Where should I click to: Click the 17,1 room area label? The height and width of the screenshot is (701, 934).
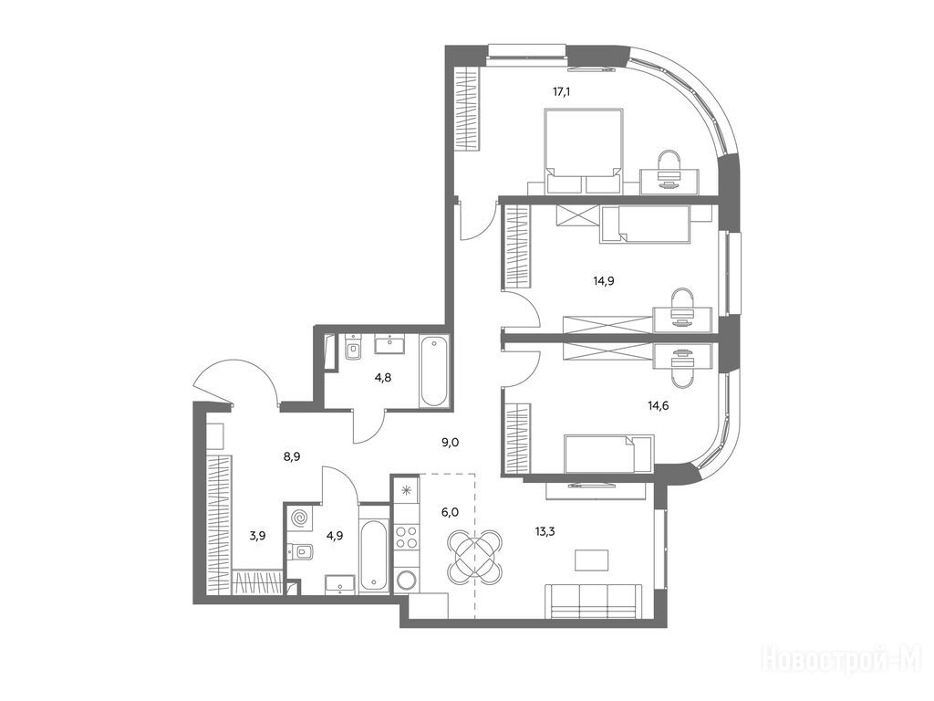[562, 92]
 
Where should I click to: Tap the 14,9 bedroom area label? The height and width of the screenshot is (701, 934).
[604, 281]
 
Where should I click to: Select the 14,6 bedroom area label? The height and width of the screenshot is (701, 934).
[659, 406]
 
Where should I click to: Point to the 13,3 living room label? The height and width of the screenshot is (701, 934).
[545, 532]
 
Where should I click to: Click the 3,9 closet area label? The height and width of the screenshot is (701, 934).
[257, 535]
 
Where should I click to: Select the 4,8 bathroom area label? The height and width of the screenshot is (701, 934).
[383, 377]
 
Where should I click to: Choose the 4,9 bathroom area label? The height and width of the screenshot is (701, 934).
[335, 535]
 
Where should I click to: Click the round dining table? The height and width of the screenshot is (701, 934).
[474, 557]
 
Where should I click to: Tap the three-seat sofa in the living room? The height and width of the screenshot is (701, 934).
[594, 602]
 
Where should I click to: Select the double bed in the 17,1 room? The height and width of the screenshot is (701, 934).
[584, 151]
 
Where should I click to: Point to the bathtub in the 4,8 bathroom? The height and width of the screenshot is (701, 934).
[433, 372]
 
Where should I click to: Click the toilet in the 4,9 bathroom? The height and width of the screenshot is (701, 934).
[303, 552]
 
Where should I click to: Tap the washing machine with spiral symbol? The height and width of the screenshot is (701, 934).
[298, 518]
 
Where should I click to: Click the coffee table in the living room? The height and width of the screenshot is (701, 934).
[592, 561]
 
